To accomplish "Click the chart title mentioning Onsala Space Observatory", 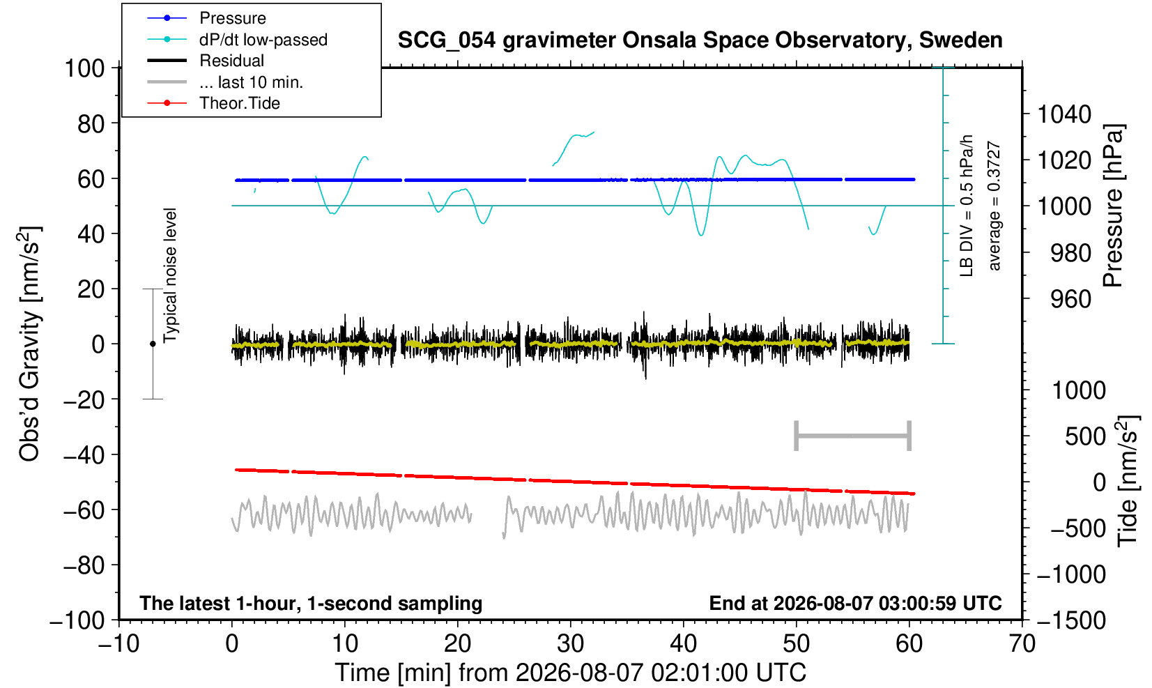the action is pos(700,40).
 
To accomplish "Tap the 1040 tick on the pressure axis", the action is pos(1064,114).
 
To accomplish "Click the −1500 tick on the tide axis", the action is pos(1071,620).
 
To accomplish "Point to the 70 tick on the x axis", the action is pos(1022,644).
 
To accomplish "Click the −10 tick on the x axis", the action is pos(118,644).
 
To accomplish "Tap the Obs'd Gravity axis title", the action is pos(29,344).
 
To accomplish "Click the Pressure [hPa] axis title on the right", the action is pos(1114,206).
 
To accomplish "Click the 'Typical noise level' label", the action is pos(170,276).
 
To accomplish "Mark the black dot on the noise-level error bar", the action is pos(153,344).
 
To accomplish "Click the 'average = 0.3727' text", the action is pos(994,206).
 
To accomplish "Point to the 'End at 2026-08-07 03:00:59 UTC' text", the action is pos(855,603).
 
